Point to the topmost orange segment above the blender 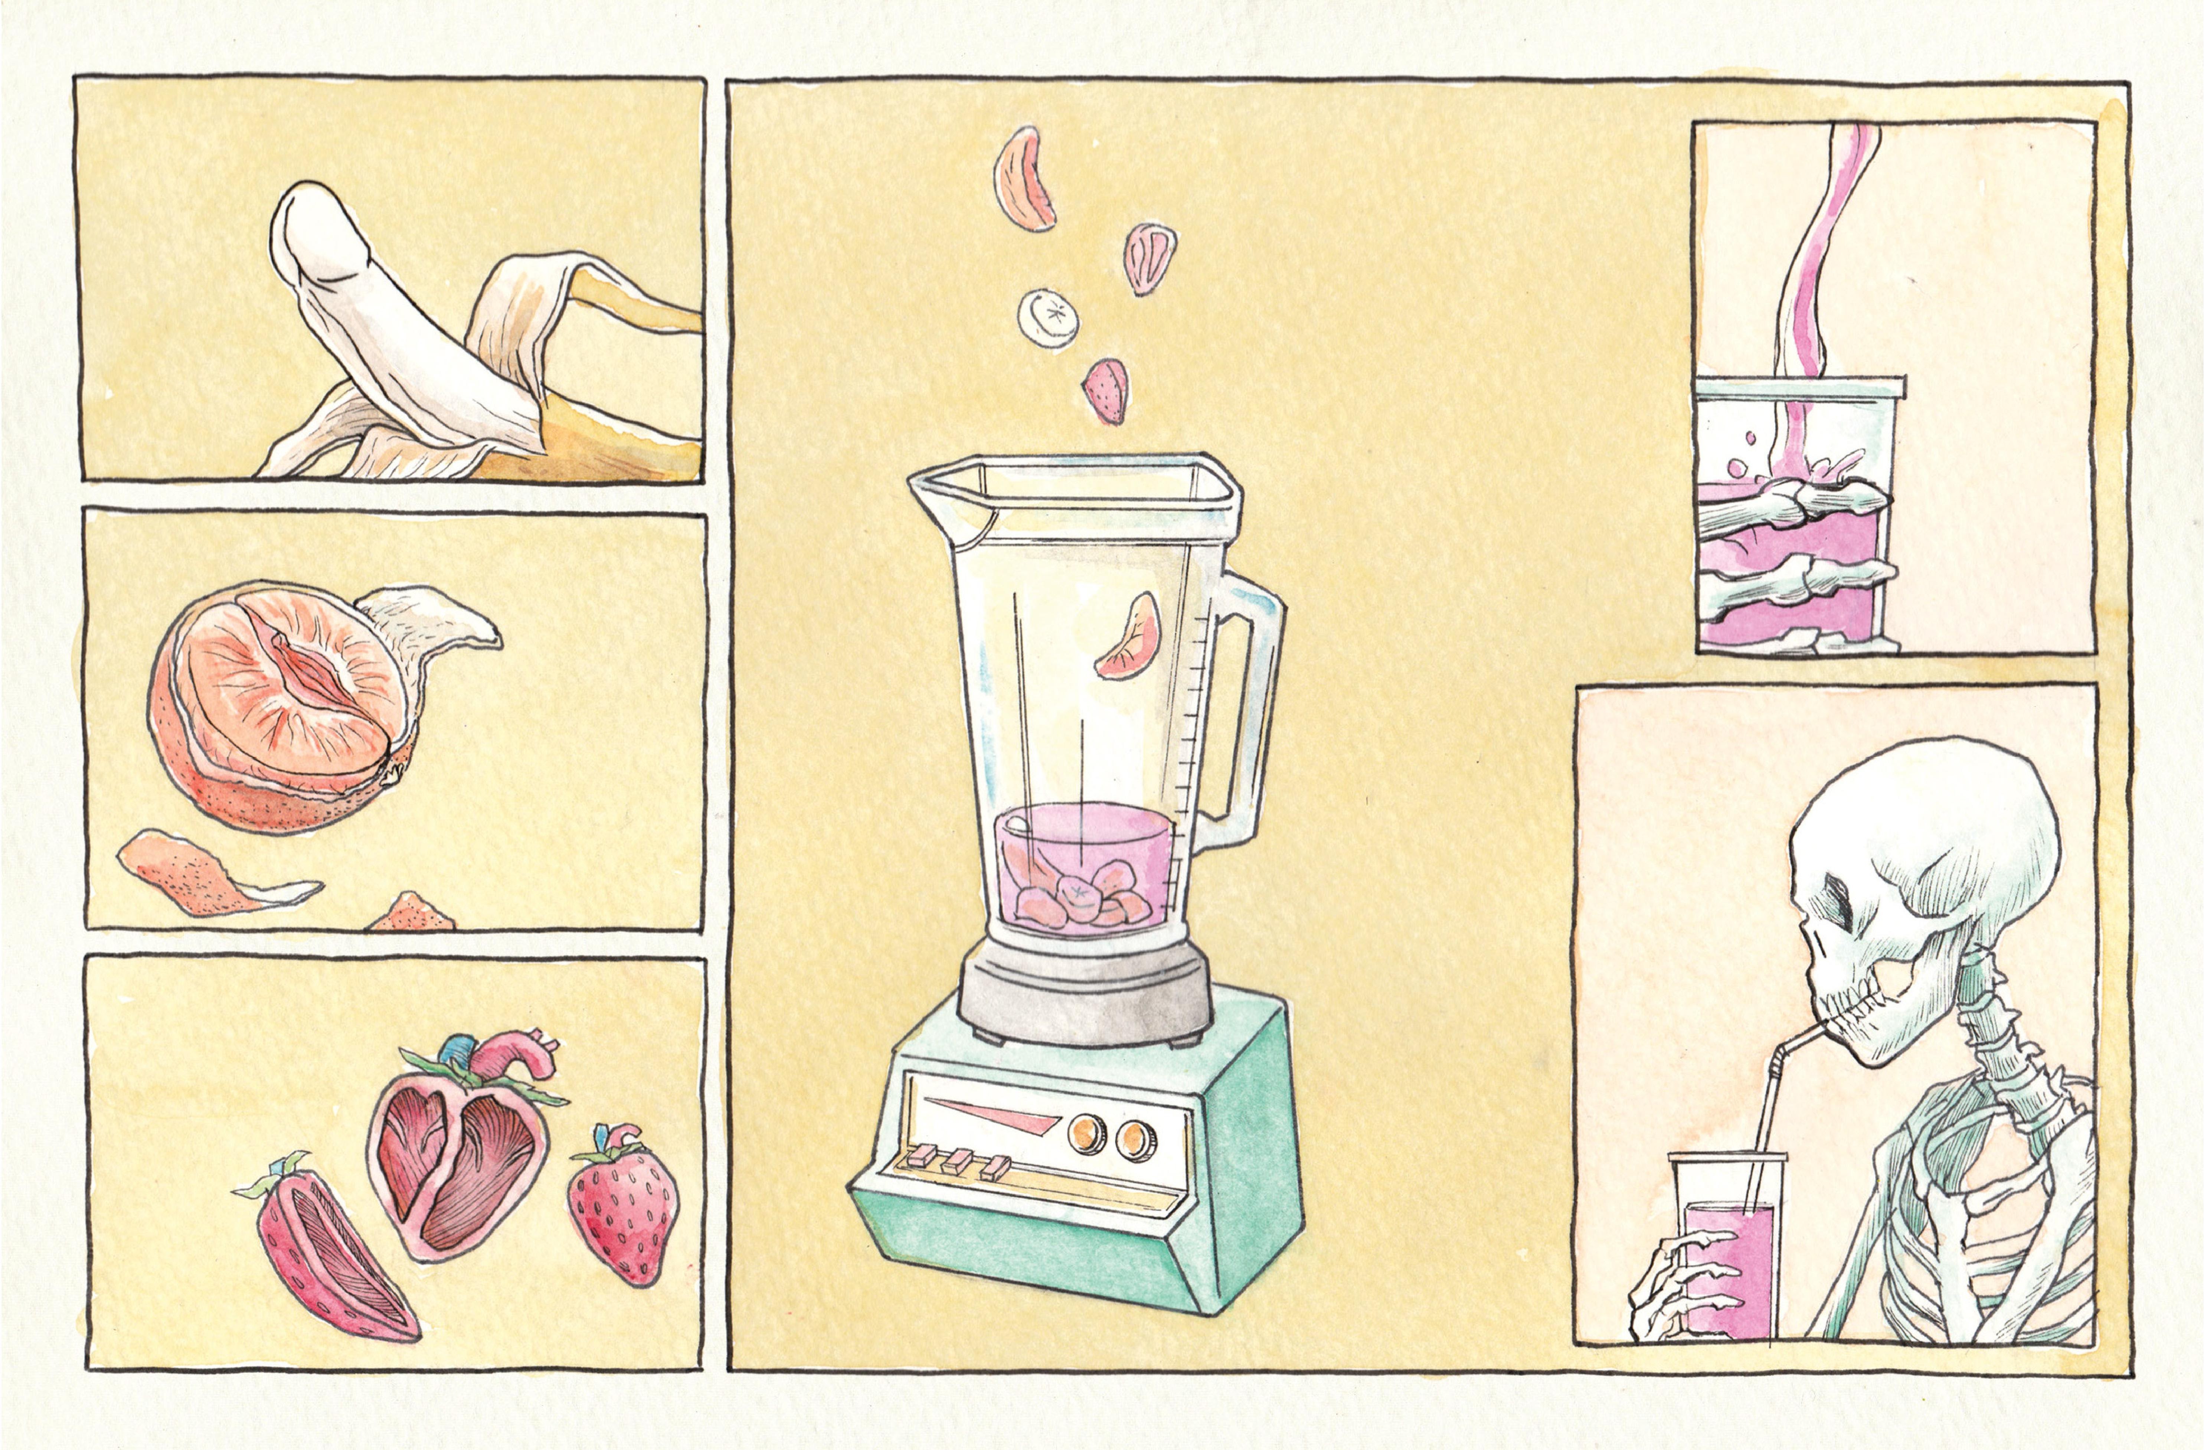1026,179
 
